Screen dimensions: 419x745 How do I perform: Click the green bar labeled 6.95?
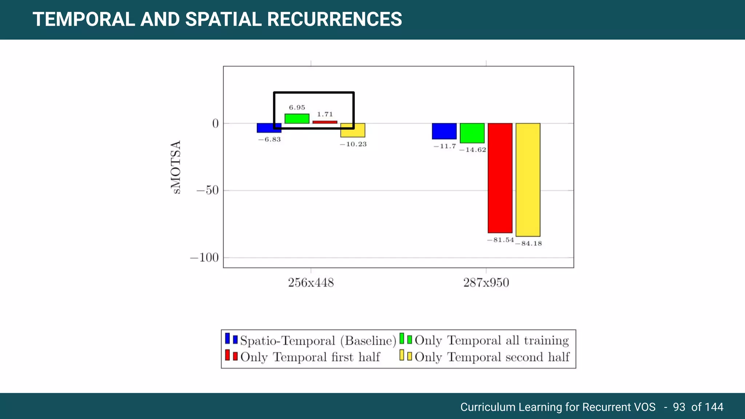coord(297,119)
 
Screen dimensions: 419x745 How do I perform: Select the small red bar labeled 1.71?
coord(325,122)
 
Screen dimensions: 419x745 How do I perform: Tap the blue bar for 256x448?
coord(269,128)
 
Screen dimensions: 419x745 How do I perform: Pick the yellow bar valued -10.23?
coord(353,130)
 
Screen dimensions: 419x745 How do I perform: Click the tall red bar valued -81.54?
coord(500,178)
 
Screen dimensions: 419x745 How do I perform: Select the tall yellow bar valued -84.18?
coord(528,180)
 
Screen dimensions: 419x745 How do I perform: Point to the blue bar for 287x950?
coord(444,131)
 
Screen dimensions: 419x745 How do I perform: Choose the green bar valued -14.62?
coord(472,133)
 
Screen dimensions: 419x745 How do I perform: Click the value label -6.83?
coord(270,140)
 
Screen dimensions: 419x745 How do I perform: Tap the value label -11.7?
coord(445,146)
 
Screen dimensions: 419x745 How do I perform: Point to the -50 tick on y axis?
coord(207,190)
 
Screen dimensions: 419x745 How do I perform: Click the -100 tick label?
coord(204,258)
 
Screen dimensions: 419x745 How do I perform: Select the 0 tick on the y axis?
coord(215,124)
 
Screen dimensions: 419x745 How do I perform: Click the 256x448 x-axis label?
coord(311,283)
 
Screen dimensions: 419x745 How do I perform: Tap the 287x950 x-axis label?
coord(486,283)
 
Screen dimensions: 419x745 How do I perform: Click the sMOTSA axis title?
coord(176,167)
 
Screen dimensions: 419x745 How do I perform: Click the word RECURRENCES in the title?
coord(335,19)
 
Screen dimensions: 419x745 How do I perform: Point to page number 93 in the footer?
coord(679,407)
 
